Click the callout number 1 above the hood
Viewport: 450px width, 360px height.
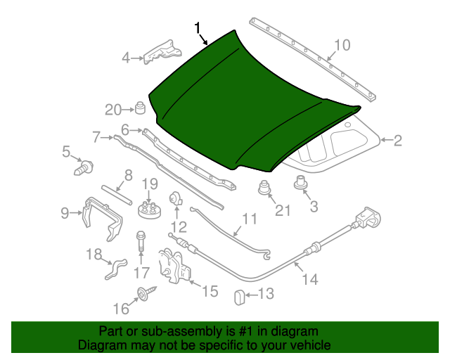coord(199,28)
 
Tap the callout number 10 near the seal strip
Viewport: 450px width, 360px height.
coord(340,46)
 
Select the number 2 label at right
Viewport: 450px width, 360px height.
coord(397,141)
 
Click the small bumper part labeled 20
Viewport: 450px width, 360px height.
coord(140,109)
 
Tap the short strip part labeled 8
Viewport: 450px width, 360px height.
coord(117,195)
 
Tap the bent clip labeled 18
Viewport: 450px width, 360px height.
coord(115,269)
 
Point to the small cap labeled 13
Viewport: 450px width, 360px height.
coord(238,297)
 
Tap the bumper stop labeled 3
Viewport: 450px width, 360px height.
coord(302,184)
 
